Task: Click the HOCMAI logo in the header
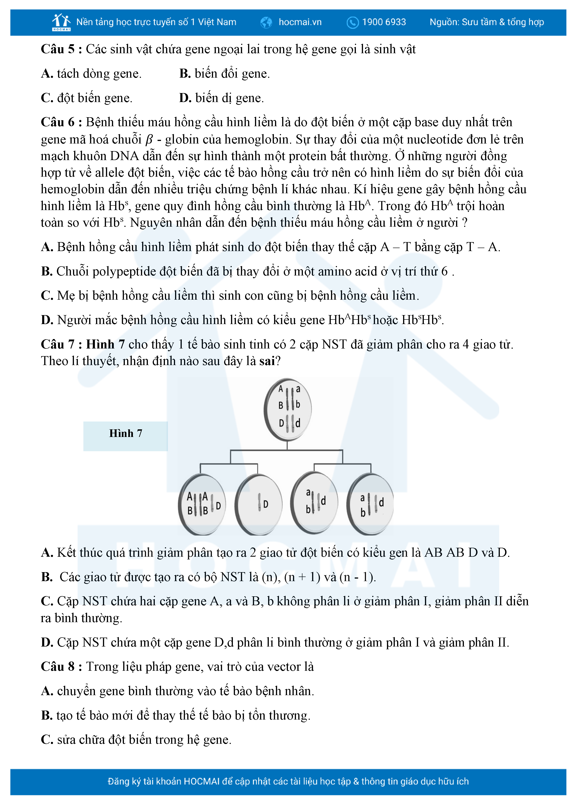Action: (x=61, y=22)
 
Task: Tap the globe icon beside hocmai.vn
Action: (x=266, y=23)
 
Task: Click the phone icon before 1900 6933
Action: (x=352, y=23)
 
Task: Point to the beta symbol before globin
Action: (x=149, y=140)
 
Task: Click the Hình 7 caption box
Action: (x=126, y=436)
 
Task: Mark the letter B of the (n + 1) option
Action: (x=47, y=577)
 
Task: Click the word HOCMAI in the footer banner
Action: (x=202, y=781)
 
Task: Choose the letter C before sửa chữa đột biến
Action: (x=47, y=740)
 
